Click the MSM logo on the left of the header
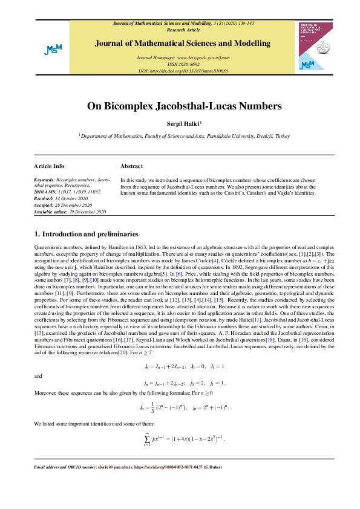(x=53, y=50)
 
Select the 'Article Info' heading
(x=49, y=165)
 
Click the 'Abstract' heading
(x=131, y=165)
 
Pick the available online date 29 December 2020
(x=70, y=212)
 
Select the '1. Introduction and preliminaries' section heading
(x=86, y=234)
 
